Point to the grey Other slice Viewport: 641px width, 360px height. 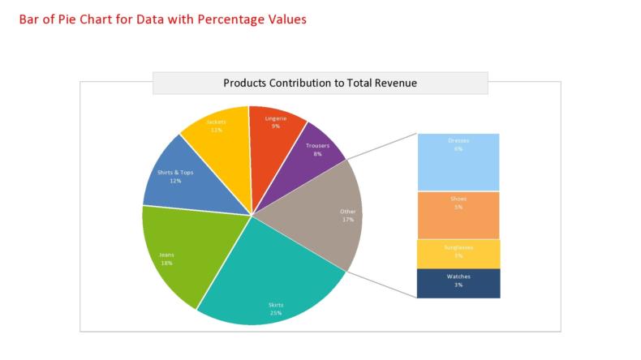(x=325, y=215)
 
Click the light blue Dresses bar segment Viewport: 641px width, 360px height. (x=458, y=162)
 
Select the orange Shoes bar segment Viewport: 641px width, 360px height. (x=458, y=215)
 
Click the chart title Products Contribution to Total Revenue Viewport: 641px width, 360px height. (x=320, y=83)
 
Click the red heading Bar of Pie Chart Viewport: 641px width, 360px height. (x=162, y=19)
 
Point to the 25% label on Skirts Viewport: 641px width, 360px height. (x=276, y=312)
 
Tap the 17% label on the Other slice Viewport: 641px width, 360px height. (x=347, y=219)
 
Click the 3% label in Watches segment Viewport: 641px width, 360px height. (x=458, y=285)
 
